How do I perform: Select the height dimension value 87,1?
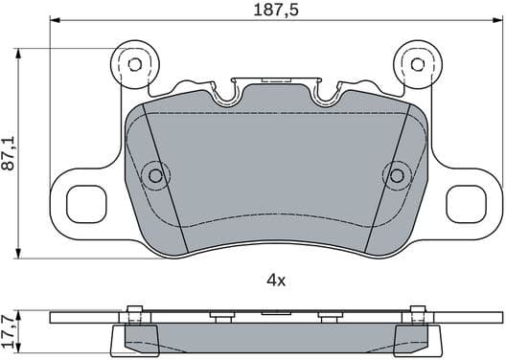click(x=11, y=153)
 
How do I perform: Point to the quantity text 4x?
click(x=276, y=281)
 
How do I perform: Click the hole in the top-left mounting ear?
click(x=134, y=64)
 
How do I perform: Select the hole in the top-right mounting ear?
click(x=417, y=64)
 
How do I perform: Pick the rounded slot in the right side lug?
click(x=470, y=202)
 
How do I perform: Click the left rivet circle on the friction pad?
click(x=154, y=174)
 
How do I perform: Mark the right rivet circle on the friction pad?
click(x=397, y=174)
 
